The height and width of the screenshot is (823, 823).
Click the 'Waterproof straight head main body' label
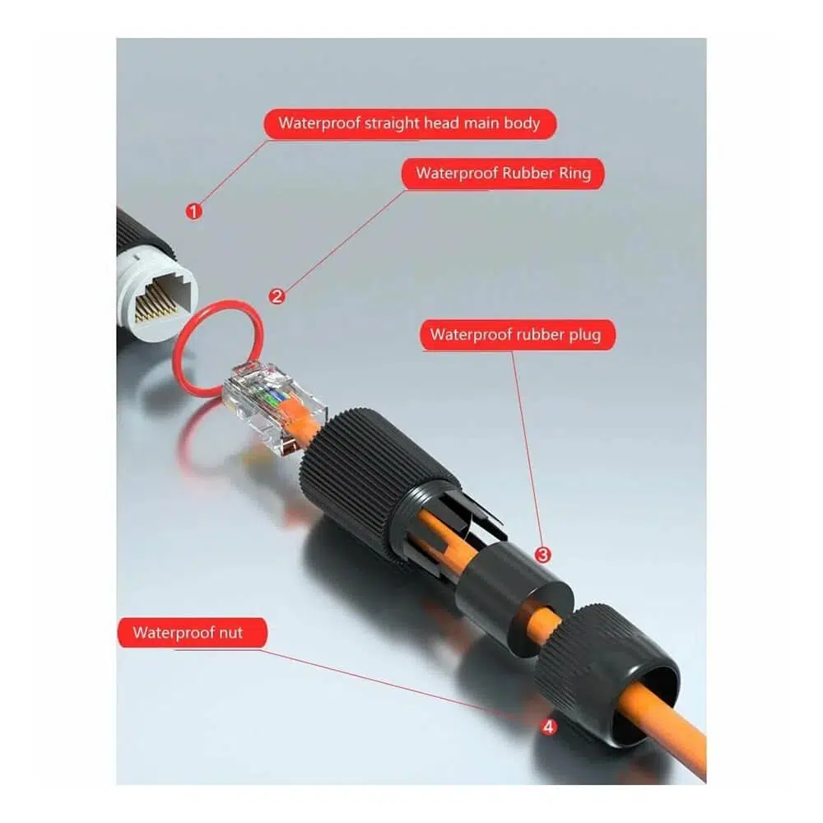pos(409,124)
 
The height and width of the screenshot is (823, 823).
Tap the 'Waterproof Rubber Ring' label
pos(503,173)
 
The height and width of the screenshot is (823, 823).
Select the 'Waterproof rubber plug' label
pos(518,335)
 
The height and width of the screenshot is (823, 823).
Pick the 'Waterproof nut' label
pos(192,632)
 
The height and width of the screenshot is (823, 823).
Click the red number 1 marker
pos(194,212)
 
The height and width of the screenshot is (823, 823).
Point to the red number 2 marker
pos(277,296)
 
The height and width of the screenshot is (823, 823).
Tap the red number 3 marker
pos(542,555)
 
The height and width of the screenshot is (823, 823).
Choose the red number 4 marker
pos(548,727)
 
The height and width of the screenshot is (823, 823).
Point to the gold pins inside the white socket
pos(157,306)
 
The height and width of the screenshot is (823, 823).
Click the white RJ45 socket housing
pos(157,296)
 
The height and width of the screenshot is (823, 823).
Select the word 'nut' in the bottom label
pos(231,633)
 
